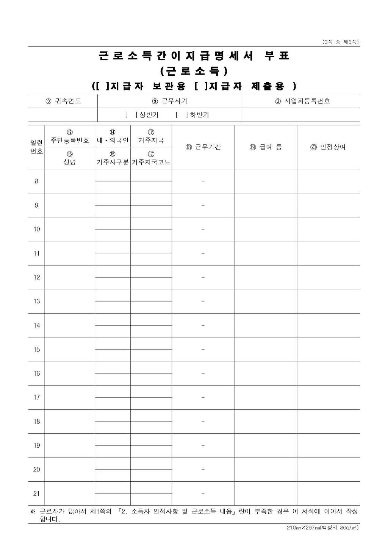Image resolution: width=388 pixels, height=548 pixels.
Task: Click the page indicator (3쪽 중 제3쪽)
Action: tap(340, 42)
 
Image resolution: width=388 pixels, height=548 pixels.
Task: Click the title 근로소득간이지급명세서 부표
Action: tap(194, 56)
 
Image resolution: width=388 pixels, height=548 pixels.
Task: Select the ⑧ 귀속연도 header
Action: tap(63, 101)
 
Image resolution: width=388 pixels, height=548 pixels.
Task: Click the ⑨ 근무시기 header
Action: tap(169, 101)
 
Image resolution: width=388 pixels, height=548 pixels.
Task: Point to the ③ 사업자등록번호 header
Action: tap(302, 101)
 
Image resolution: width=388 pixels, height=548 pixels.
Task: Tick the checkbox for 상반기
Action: tap(131, 115)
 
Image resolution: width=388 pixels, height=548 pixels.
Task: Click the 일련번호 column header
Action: tap(36, 147)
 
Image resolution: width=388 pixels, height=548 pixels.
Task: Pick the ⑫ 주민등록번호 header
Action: tap(70, 137)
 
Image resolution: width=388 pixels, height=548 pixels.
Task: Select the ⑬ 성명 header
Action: tap(70, 158)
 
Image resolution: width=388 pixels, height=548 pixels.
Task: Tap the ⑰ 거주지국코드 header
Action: tap(151, 159)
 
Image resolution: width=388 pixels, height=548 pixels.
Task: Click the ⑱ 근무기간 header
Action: tap(203, 147)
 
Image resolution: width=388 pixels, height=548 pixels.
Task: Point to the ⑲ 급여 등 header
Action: tap(266, 147)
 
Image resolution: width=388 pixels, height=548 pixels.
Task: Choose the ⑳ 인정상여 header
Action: tap(328, 147)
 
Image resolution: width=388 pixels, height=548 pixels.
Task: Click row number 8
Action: tap(36, 181)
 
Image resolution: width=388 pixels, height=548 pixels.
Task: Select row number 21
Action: tap(36, 493)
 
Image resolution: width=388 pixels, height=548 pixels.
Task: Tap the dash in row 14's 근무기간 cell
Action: tap(203, 325)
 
